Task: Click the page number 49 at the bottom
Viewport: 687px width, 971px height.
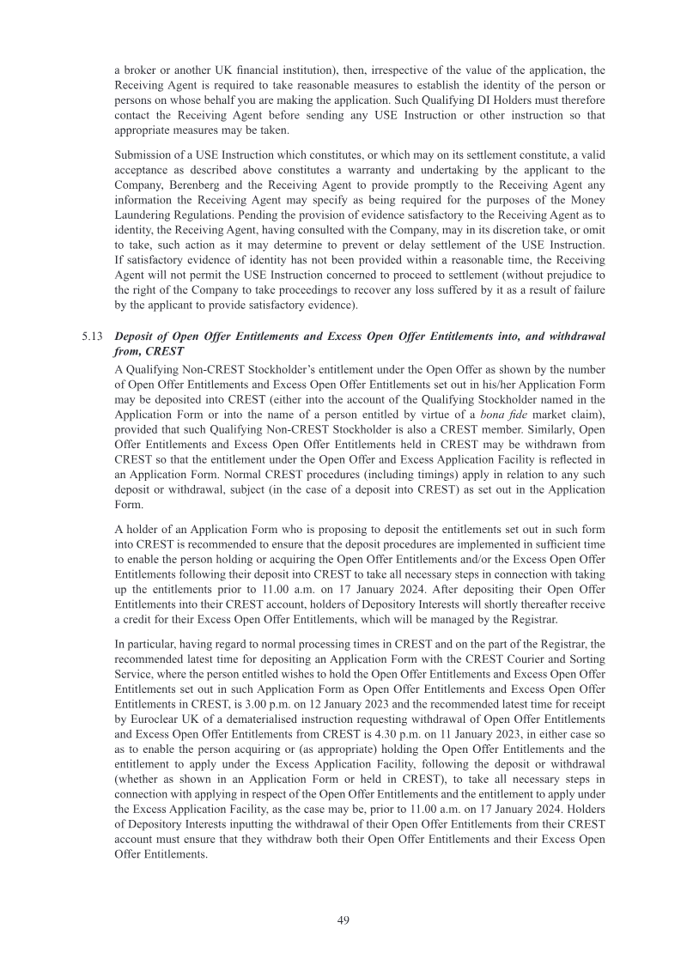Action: pos(343,919)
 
